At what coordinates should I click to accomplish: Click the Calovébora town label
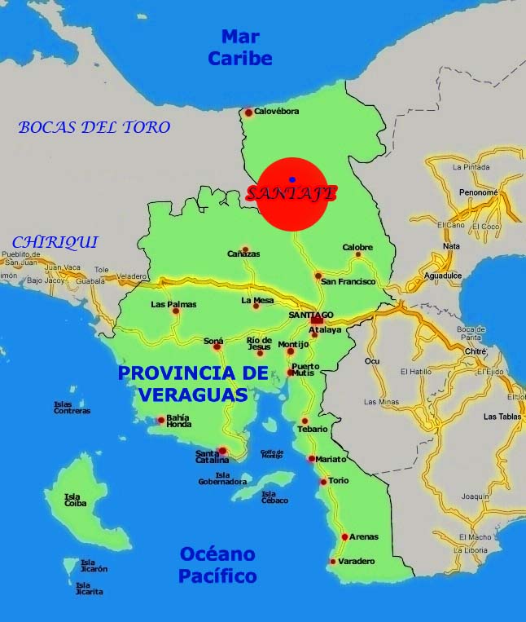277,112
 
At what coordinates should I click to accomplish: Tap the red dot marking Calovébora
249,112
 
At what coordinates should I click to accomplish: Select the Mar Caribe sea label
239,46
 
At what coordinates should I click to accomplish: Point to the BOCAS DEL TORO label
94,127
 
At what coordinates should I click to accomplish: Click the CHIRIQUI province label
55,242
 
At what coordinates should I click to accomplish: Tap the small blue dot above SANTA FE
292,179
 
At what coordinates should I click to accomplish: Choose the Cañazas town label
244,254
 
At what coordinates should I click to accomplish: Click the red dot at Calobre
358,255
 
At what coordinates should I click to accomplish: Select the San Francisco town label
348,281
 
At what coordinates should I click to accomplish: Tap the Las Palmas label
173,304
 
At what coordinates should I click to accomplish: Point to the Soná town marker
217,347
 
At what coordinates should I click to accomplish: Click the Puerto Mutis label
305,369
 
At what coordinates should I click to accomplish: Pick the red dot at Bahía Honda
161,421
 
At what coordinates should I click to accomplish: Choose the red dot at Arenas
345,536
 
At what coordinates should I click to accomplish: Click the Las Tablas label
501,417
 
